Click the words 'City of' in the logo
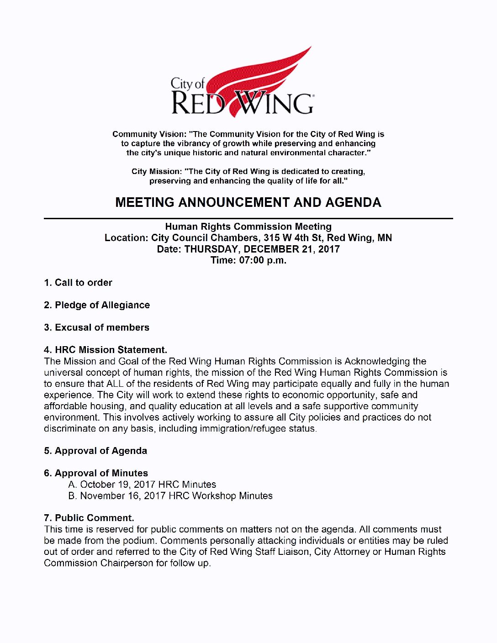click(187, 84)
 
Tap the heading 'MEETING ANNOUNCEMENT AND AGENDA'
click(248, 202)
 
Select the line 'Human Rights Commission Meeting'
click(248, 227)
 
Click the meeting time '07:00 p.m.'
click(263, 260)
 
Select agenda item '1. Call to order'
click(78, 283)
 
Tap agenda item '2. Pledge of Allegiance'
click(97, 305)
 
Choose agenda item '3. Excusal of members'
click(96, 327)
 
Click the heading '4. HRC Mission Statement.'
click(106, 350)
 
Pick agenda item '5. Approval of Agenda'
click(95, 451)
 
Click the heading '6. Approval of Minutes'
click(96, 473)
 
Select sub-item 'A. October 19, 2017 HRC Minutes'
click(142, 485)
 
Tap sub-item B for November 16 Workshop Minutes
click(170, 496)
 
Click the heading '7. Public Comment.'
click(89, 518)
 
